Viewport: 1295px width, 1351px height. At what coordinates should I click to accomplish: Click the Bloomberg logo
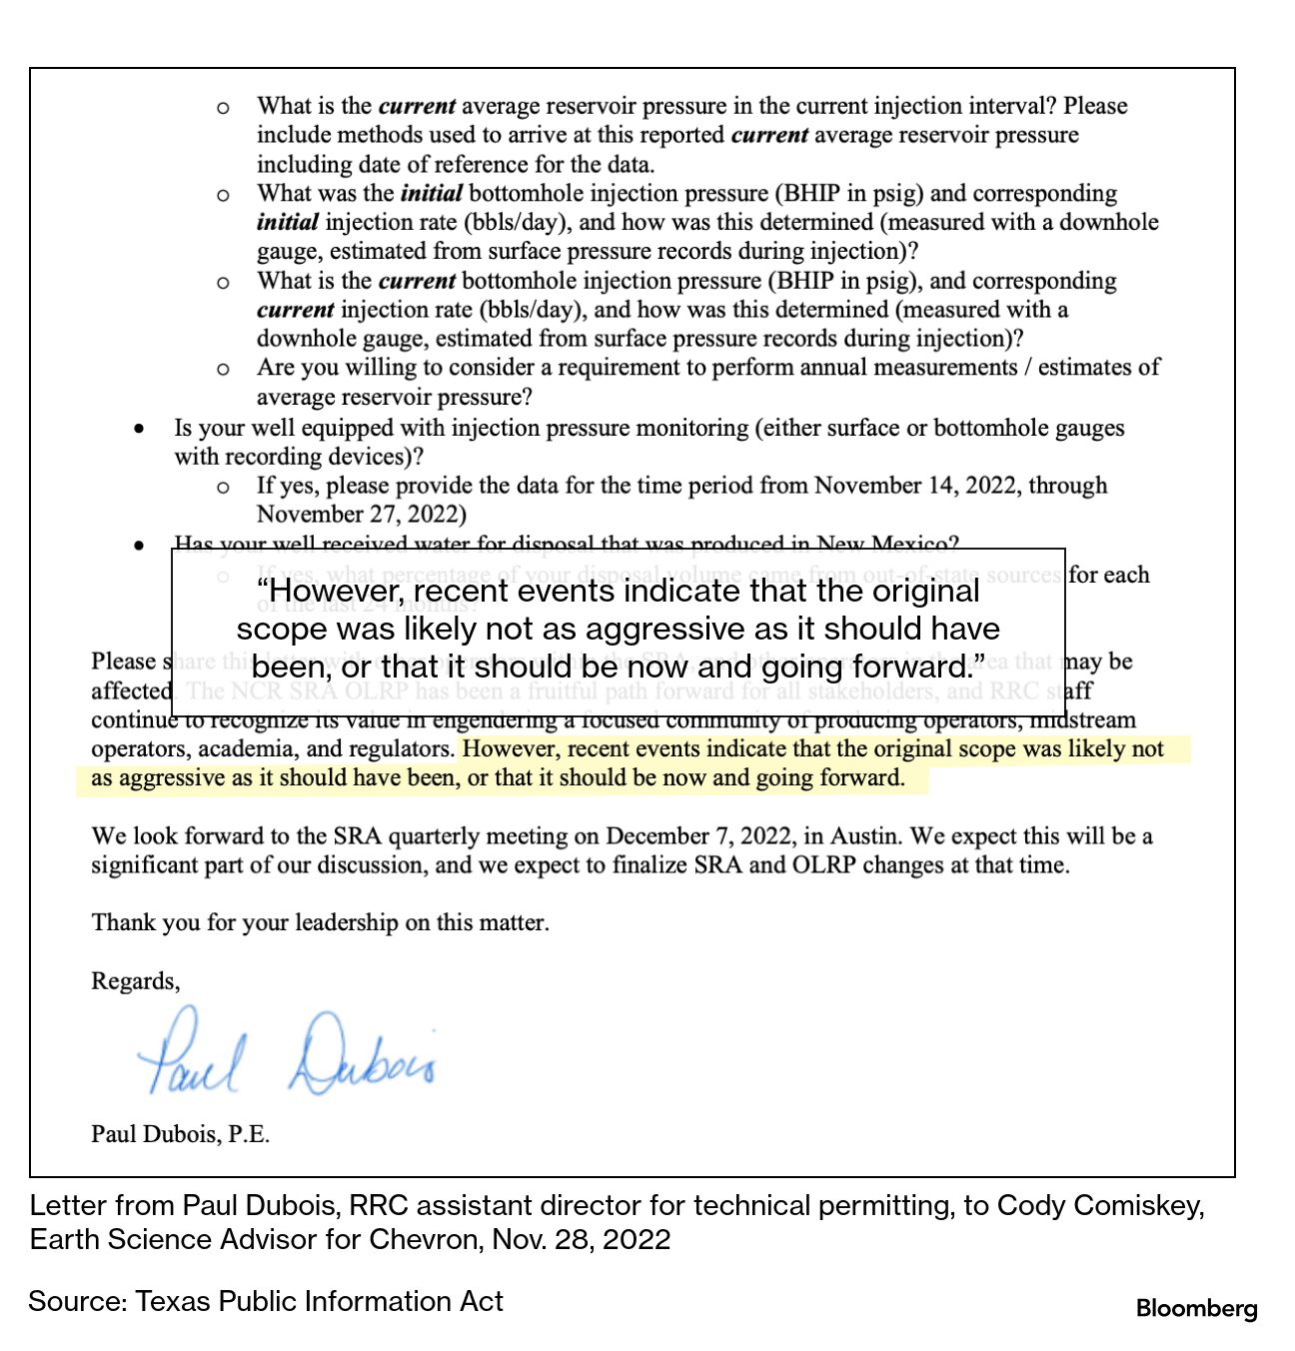click(x=1196, y=1308)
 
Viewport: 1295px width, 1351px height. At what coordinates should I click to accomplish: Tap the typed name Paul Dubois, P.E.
click(x=180, y=1134)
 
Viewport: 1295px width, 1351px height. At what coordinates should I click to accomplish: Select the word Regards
click(x=135, y=981)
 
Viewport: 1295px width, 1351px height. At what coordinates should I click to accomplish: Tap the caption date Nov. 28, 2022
click(x=581, y=1239)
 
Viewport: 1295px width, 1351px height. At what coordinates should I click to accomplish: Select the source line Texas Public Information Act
click(x=319, y=1301)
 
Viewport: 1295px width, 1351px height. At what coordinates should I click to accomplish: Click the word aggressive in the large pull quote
click(x=663, y=629)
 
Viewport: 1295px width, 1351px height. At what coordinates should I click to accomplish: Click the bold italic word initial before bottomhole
click(x=431, y=193)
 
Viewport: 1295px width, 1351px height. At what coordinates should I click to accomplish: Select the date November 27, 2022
click(x=361, y=515)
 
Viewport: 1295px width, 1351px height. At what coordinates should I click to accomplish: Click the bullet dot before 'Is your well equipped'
click(x=139, y=429)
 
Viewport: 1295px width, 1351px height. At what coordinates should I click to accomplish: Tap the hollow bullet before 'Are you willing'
click(x=223, y=369)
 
